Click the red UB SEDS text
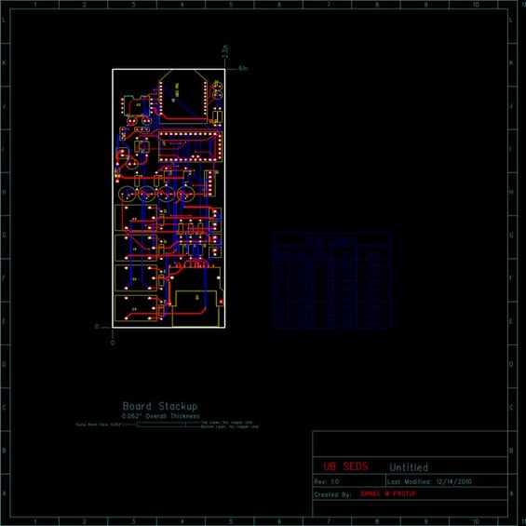[345, 466]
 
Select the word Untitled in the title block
[409, 467]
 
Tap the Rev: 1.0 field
[326, 481]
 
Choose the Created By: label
[332, 494]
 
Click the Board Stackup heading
[160, 406]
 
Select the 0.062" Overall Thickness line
[160, 416]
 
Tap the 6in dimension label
[243, 69]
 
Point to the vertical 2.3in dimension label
[224, 52]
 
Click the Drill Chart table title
[331, 239]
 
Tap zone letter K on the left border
[5, 62]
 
